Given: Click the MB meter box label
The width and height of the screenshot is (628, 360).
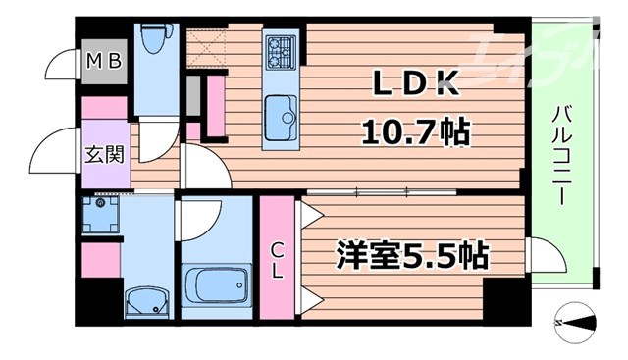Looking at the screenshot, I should coord(103,61).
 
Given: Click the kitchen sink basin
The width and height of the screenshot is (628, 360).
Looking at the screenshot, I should coord(282,114).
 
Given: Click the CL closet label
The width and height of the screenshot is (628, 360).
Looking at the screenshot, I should coord(277,256).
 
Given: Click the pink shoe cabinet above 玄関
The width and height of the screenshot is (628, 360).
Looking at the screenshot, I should coord(104,108).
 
